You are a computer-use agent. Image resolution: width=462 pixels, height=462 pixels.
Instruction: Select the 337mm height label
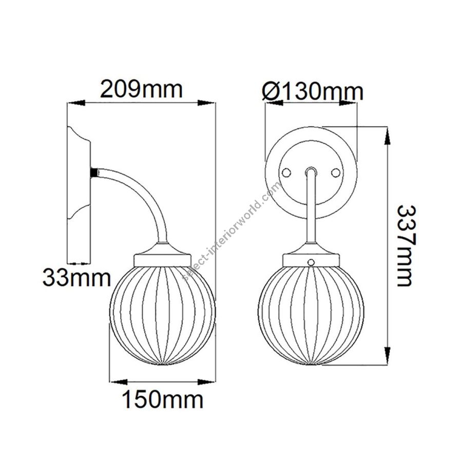point(407,246)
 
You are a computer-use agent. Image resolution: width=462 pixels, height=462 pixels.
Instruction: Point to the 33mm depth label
point(77,278)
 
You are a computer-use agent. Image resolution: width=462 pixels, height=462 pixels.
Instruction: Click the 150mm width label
point(163,399)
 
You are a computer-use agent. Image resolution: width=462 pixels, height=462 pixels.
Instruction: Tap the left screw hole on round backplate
point(286,172)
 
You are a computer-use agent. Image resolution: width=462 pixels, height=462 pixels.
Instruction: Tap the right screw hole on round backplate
point(335,172)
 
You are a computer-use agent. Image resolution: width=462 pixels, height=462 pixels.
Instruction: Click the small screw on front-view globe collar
point(311,262)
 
